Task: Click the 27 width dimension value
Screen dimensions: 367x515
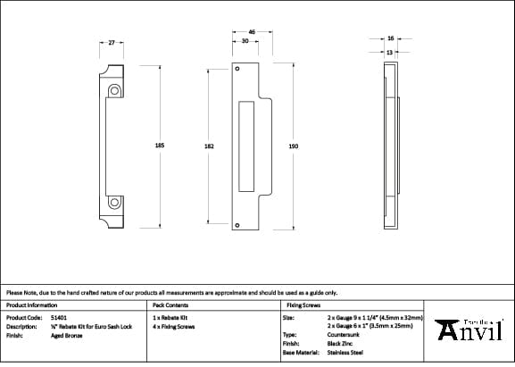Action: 111,42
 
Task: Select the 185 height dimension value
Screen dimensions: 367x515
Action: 160,145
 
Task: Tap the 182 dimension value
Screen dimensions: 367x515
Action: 209,146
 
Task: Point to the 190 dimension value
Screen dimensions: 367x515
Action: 293,146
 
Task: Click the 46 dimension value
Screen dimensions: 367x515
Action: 252,32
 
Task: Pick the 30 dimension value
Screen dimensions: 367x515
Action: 244,41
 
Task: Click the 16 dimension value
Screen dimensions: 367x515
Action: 390,38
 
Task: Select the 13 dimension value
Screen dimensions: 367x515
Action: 390,53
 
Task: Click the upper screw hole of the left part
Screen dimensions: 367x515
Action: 115,91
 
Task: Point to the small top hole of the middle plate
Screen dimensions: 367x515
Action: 237,69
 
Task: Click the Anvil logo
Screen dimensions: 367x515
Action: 470,329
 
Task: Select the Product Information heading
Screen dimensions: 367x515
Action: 31,304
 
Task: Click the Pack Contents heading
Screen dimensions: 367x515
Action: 170,304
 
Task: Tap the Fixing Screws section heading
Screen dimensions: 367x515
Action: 303,304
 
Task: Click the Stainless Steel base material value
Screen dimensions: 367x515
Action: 345,354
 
